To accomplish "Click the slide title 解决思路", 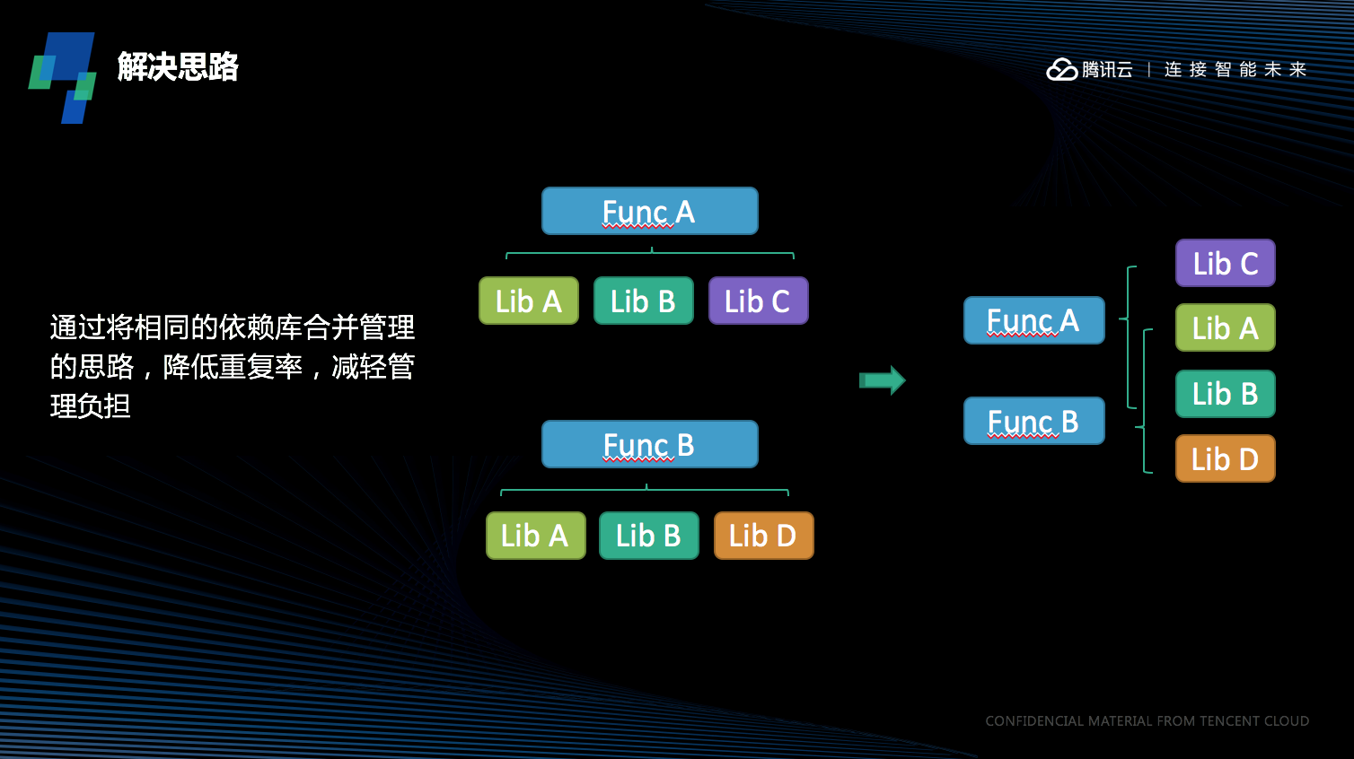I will [x=178, y=67].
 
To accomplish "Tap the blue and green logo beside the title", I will [x=63, y=77].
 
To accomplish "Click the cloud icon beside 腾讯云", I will [x=1061, y=69].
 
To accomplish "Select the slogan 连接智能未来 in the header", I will [x=1235, y=70].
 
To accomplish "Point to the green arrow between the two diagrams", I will [x=883, y=380].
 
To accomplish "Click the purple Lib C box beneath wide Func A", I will [x=758, y=301].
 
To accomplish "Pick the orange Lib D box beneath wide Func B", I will [x=763, y=536].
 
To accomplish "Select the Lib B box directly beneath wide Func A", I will [x=643, y=301].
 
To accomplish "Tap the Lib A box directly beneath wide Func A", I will [x=529, y=301].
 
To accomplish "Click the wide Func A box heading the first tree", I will [x=649, y=212].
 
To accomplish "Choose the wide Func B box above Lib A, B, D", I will [x=649, y=445].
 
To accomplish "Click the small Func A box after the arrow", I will [x=1033, y=320].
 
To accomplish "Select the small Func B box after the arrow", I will [x=1033, y=421].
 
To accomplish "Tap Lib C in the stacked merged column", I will [x=1225, y=263].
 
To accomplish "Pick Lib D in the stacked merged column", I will [x=1225, y=458].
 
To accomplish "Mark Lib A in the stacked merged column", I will [x=1225, y=328].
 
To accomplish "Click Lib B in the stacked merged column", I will [x=1225, y=394].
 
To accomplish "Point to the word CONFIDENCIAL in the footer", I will [x=1033, y=721].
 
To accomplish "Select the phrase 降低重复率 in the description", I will [x=233, y=367].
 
